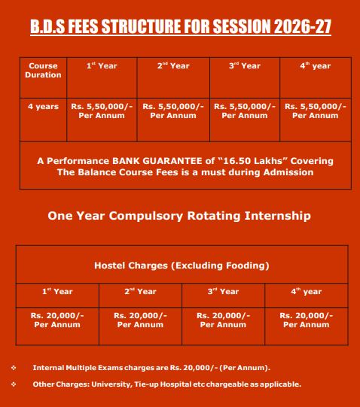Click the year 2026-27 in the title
(303, 26)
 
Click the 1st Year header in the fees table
(102, 65)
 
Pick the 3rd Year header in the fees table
(245, 65)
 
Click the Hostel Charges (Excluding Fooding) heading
(182, 266)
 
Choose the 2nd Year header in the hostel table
(140, 291)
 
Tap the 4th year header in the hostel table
(307, 291)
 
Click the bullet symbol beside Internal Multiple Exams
(14, 368)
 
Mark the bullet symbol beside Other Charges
(14, 384)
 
